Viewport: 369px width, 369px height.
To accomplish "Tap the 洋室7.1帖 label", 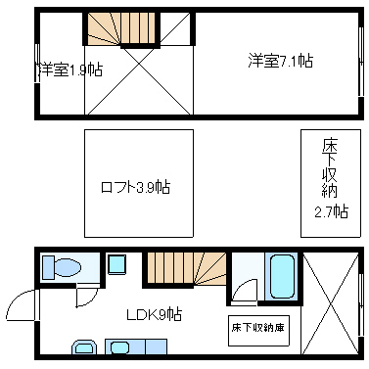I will (x=280, y=61).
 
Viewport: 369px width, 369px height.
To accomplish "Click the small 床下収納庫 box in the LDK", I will (x=259, y=326).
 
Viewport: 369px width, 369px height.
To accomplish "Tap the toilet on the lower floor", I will (x=68, y=267).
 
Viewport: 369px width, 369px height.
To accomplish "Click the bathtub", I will (x=280, y=277).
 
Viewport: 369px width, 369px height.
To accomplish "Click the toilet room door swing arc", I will (x=86, y=294).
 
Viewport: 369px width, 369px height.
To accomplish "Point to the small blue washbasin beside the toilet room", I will (x=116, y=264).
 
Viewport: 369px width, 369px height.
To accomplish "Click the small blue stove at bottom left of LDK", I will (x=82, y=346).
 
